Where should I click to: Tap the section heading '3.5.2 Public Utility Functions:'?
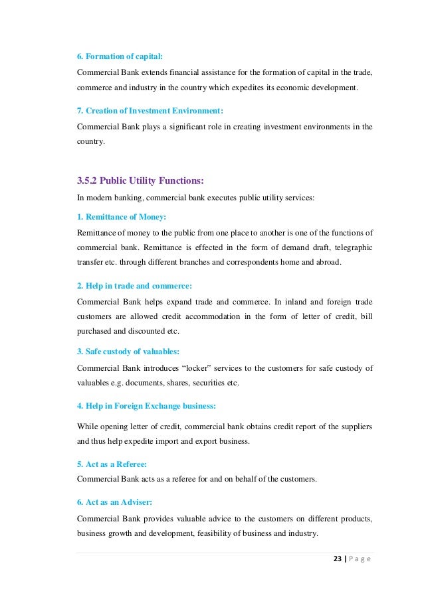141,180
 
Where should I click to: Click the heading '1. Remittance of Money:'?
122,217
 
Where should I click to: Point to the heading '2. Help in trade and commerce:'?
134,286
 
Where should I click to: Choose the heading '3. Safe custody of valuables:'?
129,352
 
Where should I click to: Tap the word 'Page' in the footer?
359,559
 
